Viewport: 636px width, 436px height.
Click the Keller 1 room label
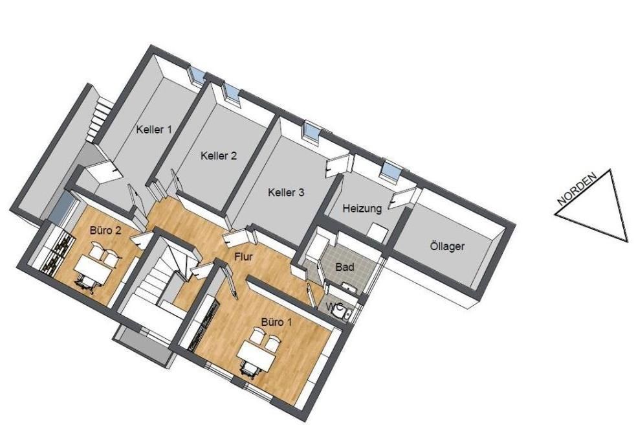pos(154,130)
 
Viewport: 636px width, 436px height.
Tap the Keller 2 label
pos(219,156)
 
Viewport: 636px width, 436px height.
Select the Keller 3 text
pos(286,192)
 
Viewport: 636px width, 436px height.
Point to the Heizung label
pos(362,209)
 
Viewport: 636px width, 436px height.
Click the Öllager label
pos(446,246)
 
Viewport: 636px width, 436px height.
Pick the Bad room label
pos(345,267)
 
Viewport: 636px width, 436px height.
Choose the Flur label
pos(244,257)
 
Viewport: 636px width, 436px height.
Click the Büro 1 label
pos(276,323)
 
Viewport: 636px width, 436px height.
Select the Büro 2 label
pos(105,231)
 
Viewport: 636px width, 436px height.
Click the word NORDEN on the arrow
pos(576,189)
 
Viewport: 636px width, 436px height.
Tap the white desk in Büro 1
pos(256,356)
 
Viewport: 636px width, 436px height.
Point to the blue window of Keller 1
pos(197,75)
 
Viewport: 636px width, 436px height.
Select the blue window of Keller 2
pos(231,92)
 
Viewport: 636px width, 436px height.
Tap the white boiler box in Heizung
pos(378,231)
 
